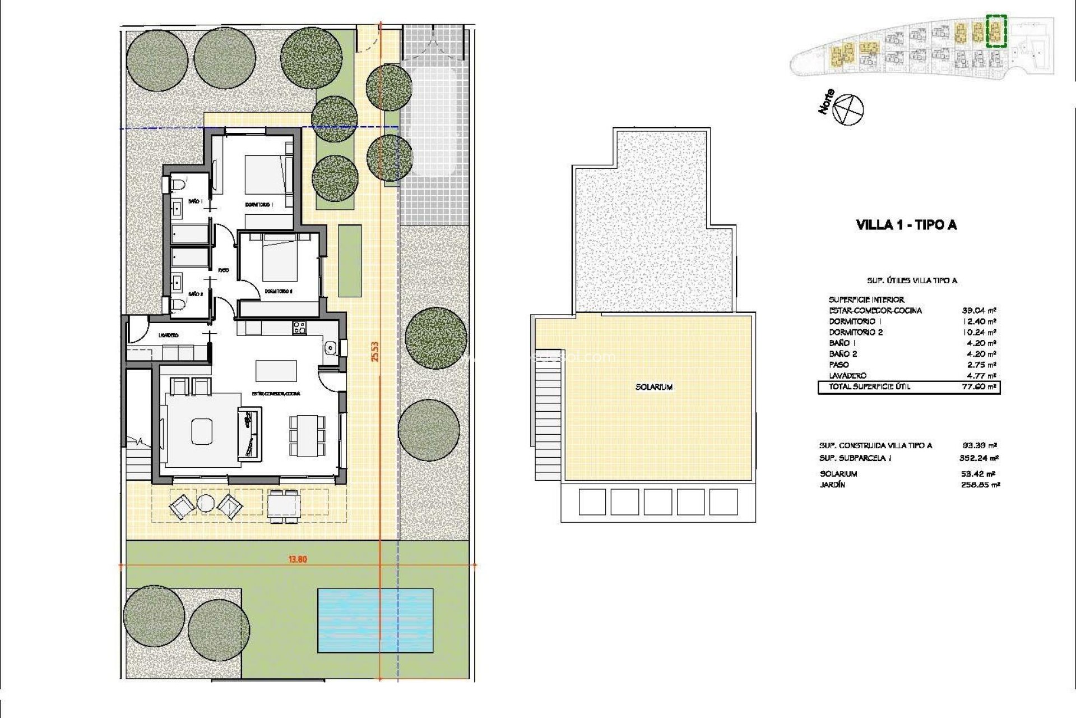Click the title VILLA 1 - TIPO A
(907, 225)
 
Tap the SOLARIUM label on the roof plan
(654, 387)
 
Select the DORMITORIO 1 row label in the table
(855, 321)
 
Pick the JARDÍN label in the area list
(832, 485)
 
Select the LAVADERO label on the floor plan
(168, 335)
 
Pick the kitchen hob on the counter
(299, 327)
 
